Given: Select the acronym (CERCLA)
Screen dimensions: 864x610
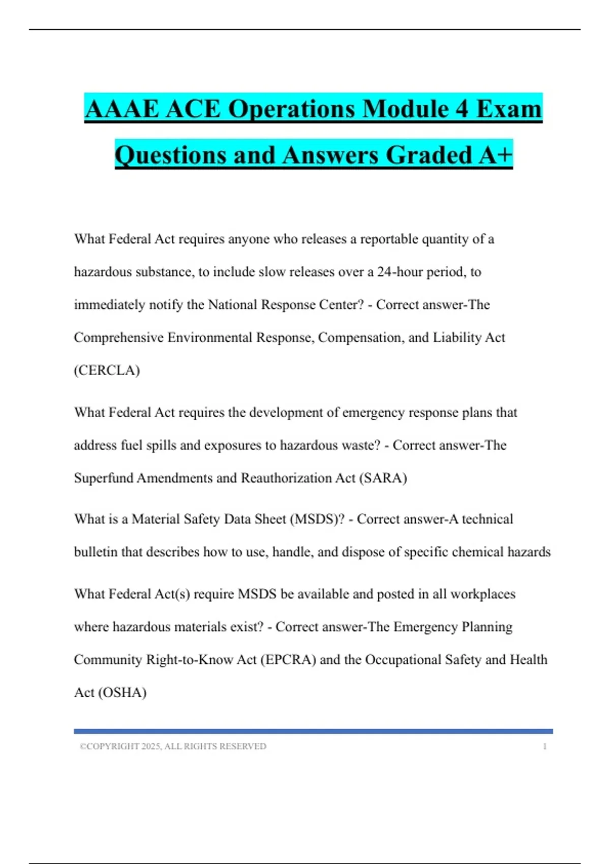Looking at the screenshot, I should (x=107, y=371).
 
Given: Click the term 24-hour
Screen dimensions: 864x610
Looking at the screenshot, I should (x=400, y=272).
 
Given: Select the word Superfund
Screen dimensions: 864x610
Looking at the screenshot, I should (x=104, y=478).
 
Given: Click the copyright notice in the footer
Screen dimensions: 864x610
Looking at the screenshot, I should (x=173, y=747).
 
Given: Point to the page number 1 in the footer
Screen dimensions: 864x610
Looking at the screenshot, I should (x=544, y=747).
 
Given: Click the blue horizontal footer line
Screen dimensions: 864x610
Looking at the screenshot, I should (x=313, y=731).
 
